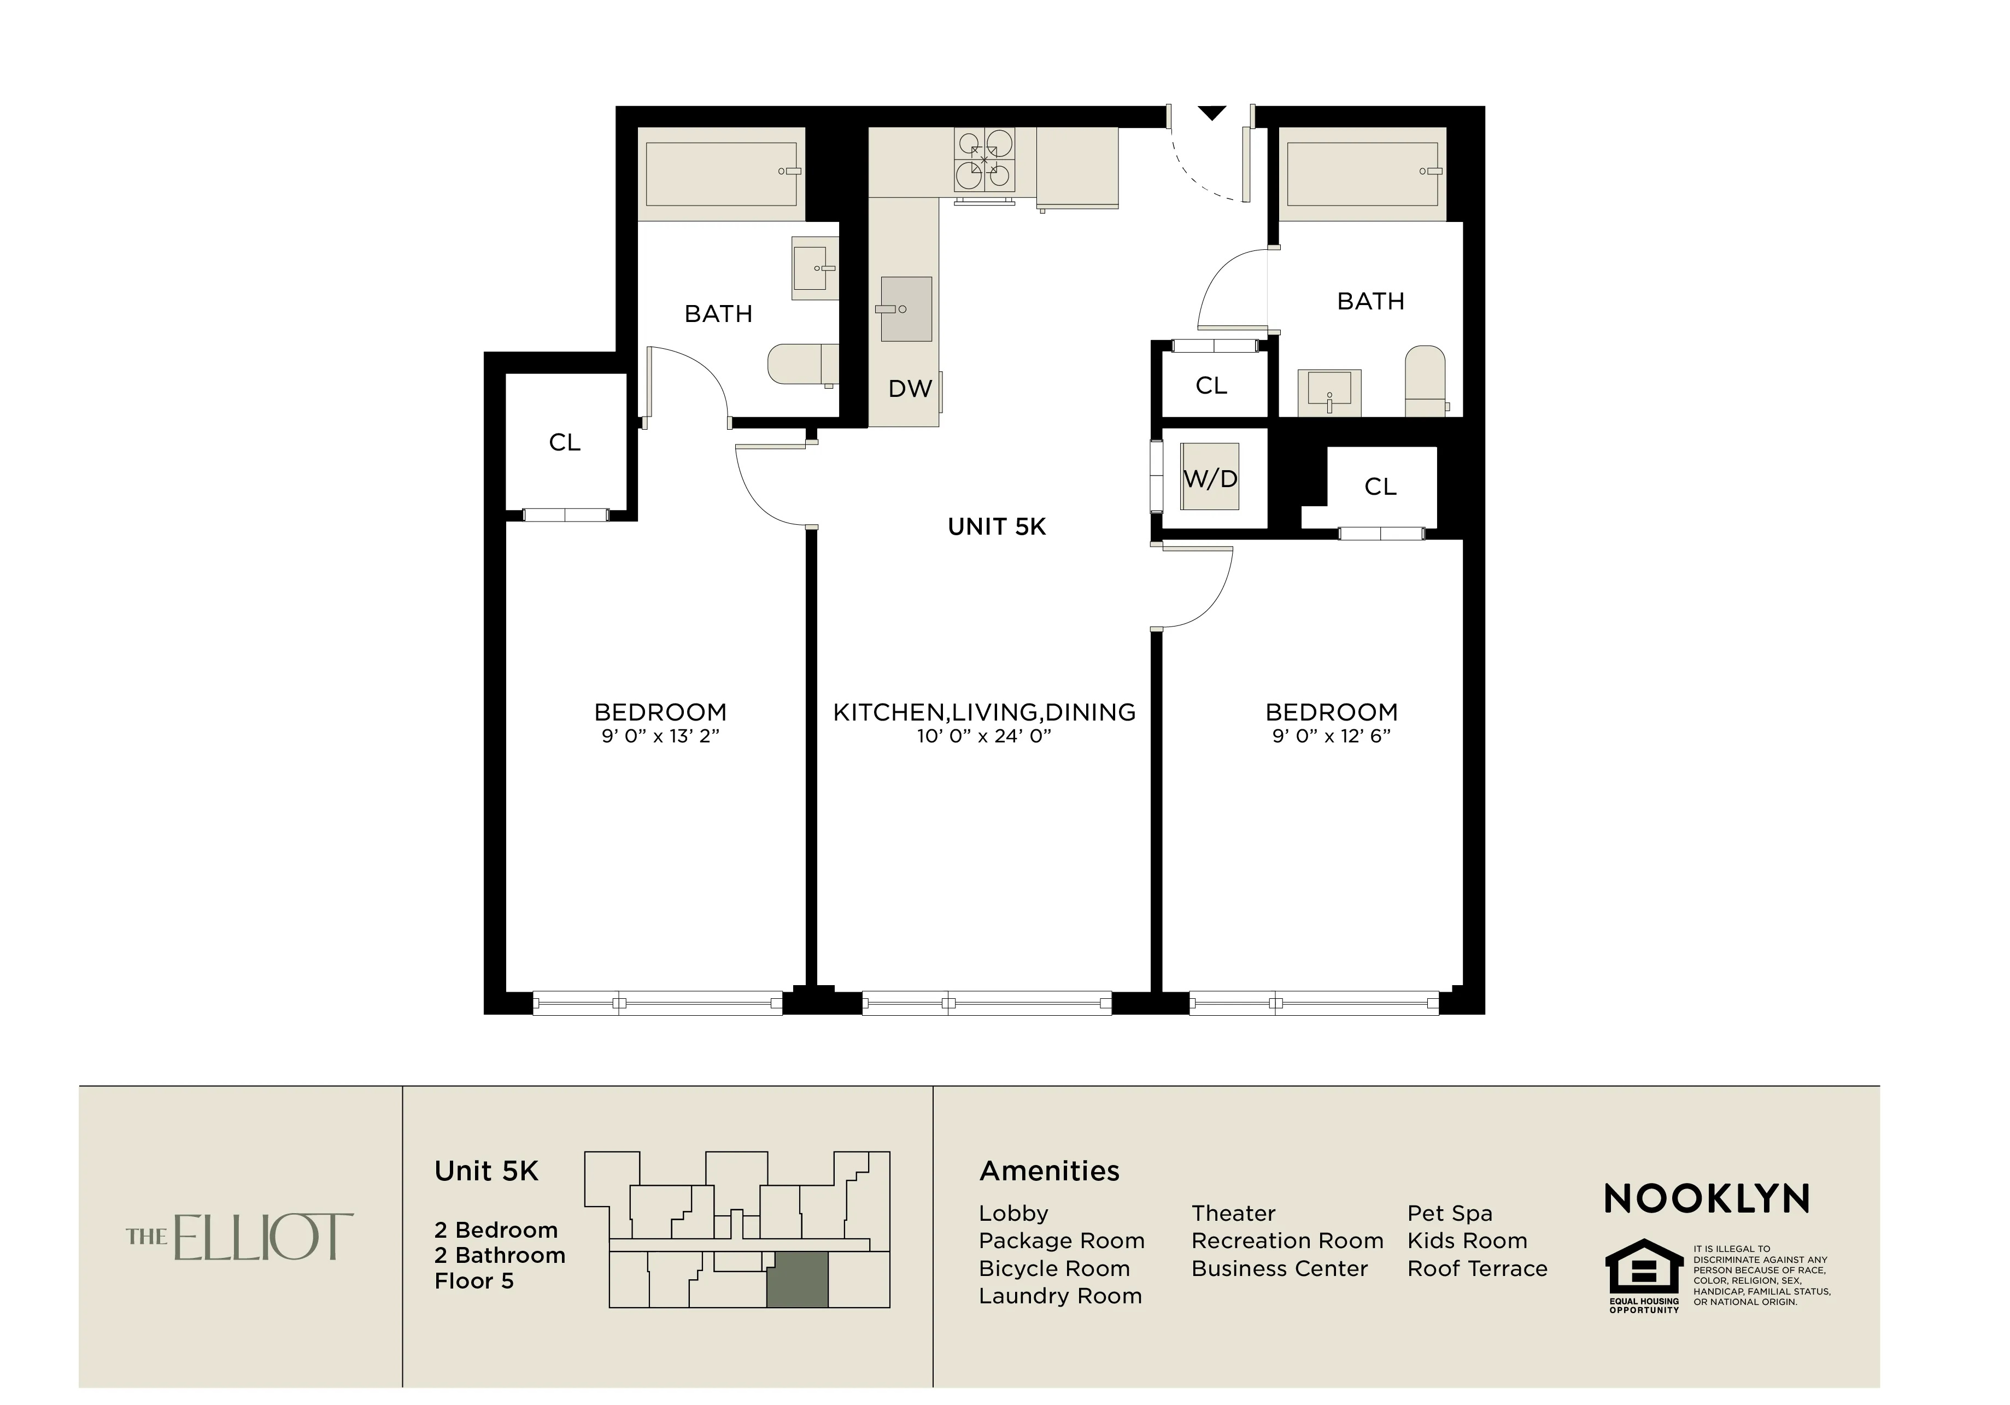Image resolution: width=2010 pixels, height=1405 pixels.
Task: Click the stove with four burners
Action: click(x=984, y=160)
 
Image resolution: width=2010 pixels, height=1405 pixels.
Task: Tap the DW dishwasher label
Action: click(x=910, y=389)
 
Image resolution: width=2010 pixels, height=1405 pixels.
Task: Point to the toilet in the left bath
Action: click(x=800, y=364)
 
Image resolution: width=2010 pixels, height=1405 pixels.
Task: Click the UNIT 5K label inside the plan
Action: click(x=996, y=527)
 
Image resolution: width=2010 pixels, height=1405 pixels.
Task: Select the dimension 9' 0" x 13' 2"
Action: click(x=660, y=736)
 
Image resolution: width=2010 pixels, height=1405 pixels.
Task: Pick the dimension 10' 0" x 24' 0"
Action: click(x=984, y=736)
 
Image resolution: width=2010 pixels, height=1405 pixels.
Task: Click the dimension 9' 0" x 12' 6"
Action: click(x=1331, y=736)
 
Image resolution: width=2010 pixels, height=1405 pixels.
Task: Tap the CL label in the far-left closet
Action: click(x=565, y=443)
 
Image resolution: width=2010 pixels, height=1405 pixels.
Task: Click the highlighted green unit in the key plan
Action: click(x=796, y=1279)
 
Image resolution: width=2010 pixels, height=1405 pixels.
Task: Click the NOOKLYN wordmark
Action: click(x=1706, y=1198)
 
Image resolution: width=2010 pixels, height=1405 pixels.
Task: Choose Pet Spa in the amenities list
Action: click(x=1449, y=1213)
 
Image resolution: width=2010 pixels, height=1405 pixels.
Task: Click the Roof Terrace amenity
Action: click(x=1477, y=1268)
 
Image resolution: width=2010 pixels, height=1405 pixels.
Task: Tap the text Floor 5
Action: click(x=473, y=1281)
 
